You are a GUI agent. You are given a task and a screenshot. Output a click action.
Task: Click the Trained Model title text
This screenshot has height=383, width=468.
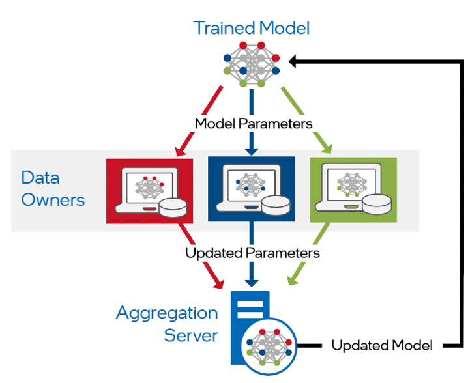tap(251, 28)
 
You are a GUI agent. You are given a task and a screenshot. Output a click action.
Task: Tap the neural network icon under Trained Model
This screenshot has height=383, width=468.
tap(252, 64)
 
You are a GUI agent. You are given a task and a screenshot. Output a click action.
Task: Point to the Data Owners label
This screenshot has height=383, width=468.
tap(53, 188)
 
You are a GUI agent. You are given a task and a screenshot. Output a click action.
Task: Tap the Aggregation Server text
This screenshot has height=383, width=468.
tap(167, 324)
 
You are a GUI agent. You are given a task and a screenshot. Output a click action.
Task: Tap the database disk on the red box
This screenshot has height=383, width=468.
tap(173, 207)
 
